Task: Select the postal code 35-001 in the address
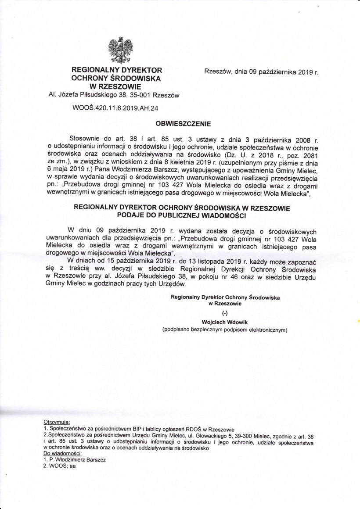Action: pyautogui.click(x=140, y=94)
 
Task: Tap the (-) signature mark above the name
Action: pyautogui.click(x=225, y=313)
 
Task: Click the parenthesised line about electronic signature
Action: pyautogui.click(x=225, y=329)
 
